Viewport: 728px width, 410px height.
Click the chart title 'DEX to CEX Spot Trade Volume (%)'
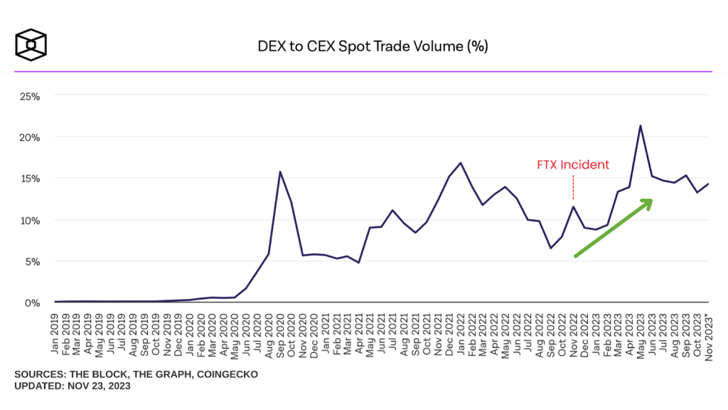tap(373, 47)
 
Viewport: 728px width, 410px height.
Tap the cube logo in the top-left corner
tap(31, 46)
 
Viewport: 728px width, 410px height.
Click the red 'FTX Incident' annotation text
tap(573, 165)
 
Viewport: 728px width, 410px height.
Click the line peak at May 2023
tap(641, 126)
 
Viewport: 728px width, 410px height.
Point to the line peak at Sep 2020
tap(280, 172)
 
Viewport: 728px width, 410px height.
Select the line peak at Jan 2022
tap(461, 163)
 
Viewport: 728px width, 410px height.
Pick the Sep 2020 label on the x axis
tap(280, 330)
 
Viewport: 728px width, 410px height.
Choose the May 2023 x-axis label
tap(641, 330)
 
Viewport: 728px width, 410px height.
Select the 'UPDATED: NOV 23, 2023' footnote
tap(72, 386)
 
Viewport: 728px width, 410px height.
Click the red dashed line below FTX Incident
tap(573, 189)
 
